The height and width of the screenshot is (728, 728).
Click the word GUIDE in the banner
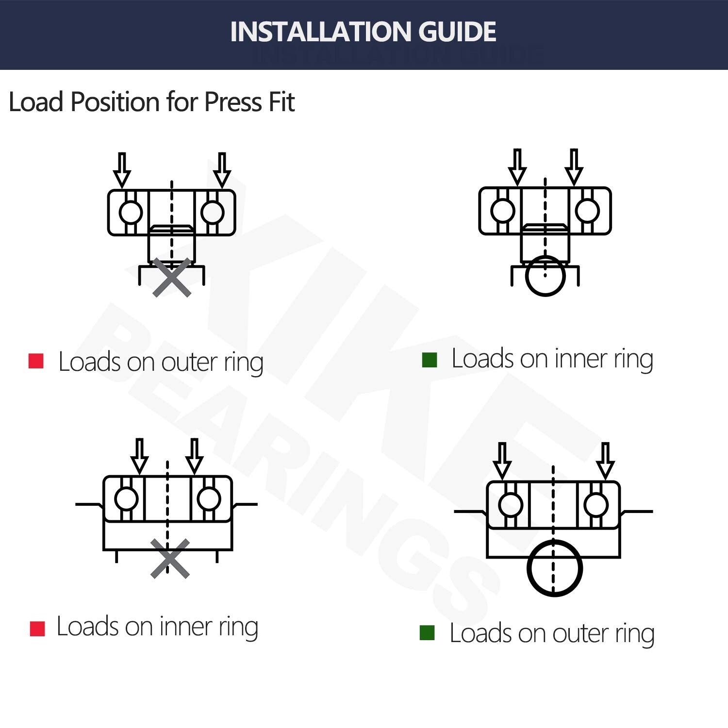pos(457,32)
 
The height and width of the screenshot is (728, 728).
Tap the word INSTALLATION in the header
pos(321,32)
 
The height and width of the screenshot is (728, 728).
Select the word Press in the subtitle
pos(233,102)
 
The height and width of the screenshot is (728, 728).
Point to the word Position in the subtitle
pos(115,102)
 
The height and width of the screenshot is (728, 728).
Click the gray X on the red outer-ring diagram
pos(172,278)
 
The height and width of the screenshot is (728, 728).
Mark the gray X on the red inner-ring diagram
pos(170,559)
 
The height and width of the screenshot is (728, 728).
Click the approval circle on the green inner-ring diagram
pos(546,276)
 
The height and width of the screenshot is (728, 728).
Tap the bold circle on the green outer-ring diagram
pos(554,568)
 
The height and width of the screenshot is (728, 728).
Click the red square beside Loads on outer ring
pos(36,361)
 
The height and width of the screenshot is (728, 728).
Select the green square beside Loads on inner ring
pos(430,360)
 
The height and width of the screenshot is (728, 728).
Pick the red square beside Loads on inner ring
pos(37,628)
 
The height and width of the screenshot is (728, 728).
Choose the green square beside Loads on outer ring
pos(427,632)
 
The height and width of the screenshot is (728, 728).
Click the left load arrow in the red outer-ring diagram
pos(122,170)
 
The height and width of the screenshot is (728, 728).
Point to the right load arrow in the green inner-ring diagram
pos(574,166)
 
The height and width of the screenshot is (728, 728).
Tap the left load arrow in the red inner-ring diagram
pos(140,456)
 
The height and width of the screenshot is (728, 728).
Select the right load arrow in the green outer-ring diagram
pos(605,460)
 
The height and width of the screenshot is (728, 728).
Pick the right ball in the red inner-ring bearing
pos(209,499)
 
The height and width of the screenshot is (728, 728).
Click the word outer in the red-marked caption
pos(189,362)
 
